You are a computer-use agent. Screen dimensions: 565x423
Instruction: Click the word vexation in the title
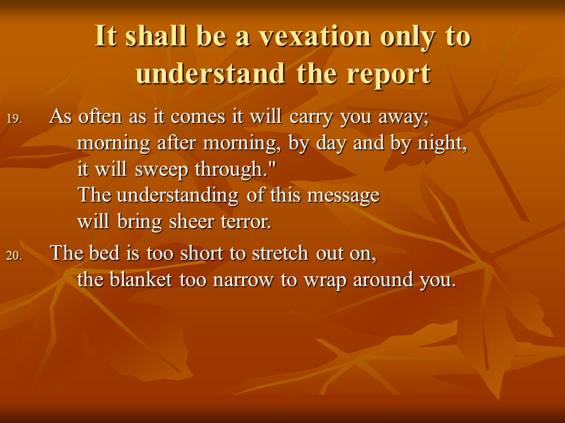point(315,36)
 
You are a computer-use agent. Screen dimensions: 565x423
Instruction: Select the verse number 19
point(14,119)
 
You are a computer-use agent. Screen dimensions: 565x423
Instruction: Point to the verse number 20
point(14,256)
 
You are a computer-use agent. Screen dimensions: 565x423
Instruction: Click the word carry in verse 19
point(311,117)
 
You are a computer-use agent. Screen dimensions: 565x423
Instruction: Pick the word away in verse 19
point(403,118)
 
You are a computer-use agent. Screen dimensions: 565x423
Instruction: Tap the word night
point(442,143)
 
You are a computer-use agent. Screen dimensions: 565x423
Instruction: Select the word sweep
point(161,170)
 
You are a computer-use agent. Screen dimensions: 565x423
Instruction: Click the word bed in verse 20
point(105,253)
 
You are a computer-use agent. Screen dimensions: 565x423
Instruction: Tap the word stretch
point(280,253)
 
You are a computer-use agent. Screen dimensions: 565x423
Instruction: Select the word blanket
point(141,279)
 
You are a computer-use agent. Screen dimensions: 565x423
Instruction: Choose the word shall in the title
point(156,36)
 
